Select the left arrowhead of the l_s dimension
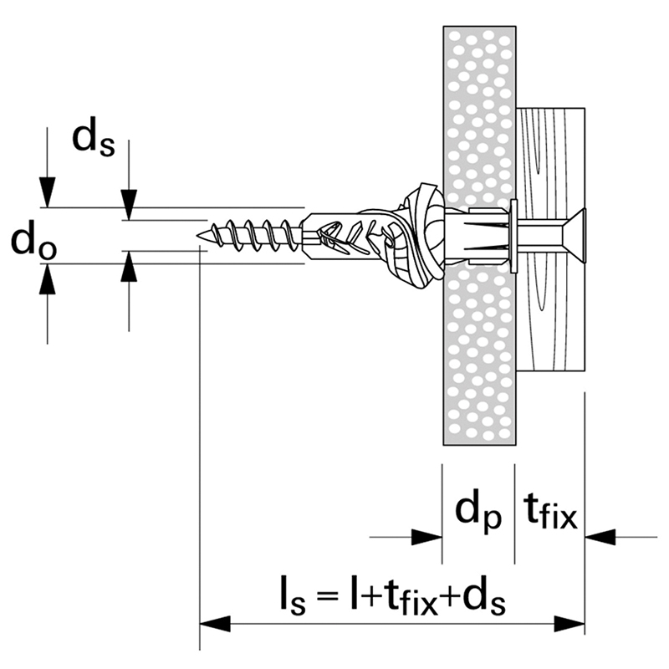tap(214, 624)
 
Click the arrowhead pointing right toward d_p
tap(427, 535)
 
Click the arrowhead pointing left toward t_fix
tap(600, 535)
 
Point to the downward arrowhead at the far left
tap(48, 193)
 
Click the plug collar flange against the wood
tap(511, 235)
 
